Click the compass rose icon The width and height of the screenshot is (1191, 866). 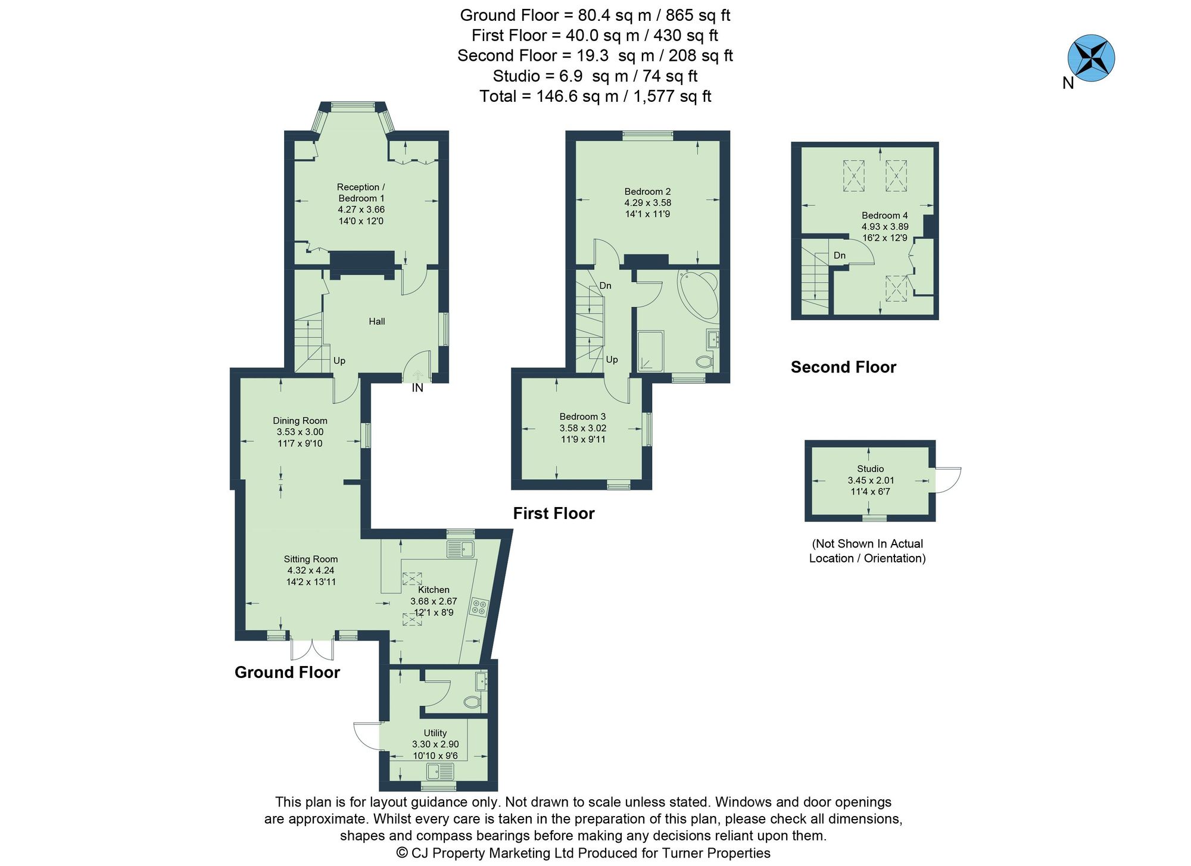(1091, 58)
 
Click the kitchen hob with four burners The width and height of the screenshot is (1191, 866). (479, 607)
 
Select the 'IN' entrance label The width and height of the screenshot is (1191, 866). (417, 388)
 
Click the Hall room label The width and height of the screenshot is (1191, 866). (376, 321)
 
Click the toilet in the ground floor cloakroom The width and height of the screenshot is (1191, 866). (472, 702)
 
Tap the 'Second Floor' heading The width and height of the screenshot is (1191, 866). (843, 367)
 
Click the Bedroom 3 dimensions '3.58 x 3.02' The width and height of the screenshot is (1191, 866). (582, 428)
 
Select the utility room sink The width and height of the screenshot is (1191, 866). (440, 771)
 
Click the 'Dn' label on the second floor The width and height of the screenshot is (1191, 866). (839, 255)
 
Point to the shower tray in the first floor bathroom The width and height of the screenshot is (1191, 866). (650, 351)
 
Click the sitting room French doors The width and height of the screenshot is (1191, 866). (312, 649)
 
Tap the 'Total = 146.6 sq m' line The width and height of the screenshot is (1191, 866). (595, 96)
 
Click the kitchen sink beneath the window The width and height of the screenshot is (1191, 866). (460, 549)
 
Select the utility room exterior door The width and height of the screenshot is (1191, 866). (367, 736)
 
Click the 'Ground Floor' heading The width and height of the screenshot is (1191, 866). (287, 673)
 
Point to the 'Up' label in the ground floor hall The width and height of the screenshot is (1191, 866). (339, 361)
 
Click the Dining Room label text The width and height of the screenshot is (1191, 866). (300, 421)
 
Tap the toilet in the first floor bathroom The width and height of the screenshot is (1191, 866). (704, 361)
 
